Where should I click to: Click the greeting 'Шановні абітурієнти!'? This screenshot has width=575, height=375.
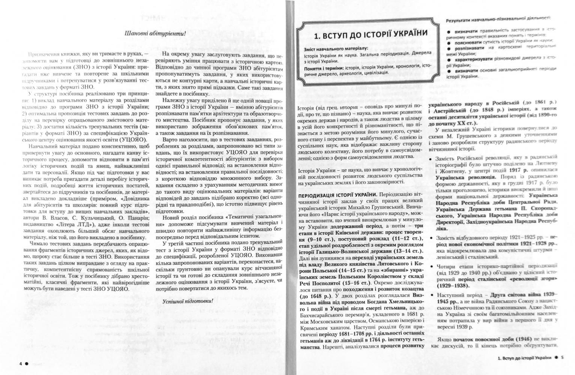[x=155, y=34]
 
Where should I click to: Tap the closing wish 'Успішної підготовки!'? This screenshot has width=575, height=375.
[x=188, y=301]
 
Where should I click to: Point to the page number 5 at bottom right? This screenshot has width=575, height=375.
[x=562, y=357]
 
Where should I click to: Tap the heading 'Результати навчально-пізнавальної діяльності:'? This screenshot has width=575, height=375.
[x=498, y=18]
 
